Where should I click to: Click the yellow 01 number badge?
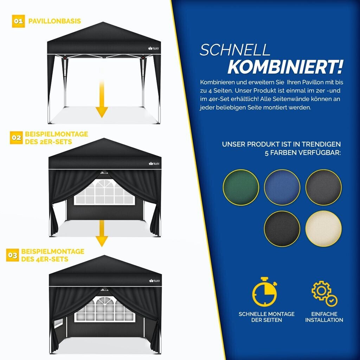18,21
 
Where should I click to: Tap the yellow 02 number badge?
16,138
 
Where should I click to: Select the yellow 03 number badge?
13,255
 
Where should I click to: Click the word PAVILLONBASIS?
54,21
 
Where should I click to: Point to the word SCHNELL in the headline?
235,50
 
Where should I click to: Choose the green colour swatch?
241,187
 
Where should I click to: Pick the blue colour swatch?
282,187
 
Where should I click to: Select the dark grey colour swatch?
323,187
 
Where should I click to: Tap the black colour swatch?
282,229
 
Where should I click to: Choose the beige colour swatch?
323,229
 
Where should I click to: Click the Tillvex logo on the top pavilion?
154,48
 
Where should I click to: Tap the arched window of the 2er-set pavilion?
104,192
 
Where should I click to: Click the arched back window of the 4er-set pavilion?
105,309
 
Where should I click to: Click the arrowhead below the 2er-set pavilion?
102,241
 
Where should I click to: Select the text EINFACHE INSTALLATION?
324,317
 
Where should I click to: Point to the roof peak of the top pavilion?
103,22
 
